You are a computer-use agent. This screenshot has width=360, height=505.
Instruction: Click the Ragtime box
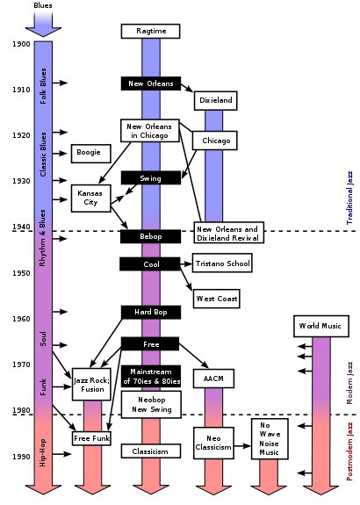point(150,31)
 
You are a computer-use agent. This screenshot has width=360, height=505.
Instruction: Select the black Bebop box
point(150,236)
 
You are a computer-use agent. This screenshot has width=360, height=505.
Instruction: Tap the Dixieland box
point(215,100)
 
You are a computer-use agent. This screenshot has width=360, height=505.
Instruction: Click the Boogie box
point(90,154)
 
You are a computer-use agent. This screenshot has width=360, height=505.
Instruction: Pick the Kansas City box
point(90,198)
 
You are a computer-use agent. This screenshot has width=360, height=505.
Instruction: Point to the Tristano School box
point(222,263)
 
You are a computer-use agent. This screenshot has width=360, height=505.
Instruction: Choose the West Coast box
point(216,299)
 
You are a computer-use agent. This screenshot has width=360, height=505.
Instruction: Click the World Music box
point(321,326)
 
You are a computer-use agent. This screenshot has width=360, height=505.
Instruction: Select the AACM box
point(213,379)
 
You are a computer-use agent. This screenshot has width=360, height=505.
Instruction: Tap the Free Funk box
point(91,438)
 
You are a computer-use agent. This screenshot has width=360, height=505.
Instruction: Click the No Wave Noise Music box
point(270,439)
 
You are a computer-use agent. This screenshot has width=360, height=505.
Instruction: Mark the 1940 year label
point(21,227)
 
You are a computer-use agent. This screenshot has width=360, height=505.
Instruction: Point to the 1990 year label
point(21,457)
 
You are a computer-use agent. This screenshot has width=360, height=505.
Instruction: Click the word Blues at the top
point(43,5)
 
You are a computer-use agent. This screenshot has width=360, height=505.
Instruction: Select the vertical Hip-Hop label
point(42,452)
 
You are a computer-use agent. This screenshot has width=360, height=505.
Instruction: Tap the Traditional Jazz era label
point(349,198)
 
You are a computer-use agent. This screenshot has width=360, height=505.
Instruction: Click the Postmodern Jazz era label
point(349,451)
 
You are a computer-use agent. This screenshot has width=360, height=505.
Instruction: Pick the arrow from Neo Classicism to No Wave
point(242,446)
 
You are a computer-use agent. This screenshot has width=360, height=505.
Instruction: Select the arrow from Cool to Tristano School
point(186,263)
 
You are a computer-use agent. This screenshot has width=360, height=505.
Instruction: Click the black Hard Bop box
point(151,312)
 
